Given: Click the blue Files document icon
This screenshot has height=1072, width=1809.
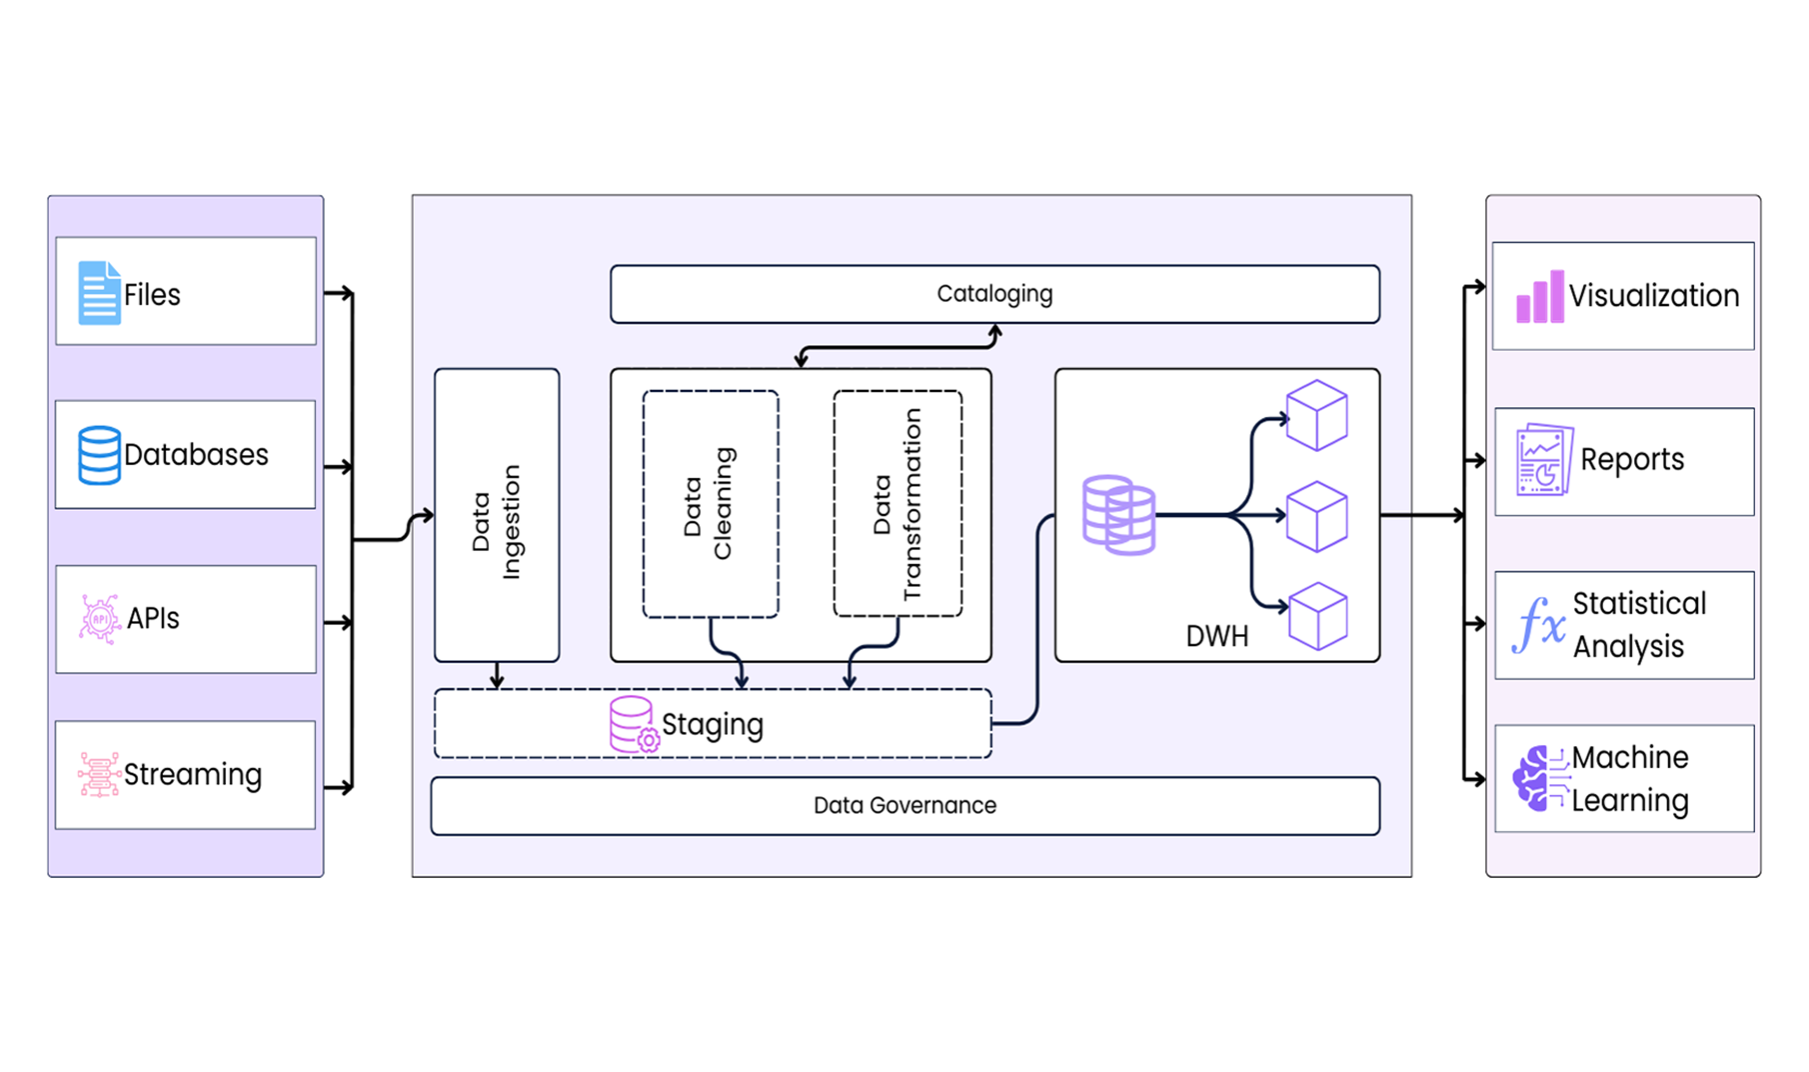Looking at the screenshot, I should (99, 293).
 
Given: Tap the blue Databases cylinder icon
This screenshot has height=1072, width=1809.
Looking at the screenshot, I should (99, 455).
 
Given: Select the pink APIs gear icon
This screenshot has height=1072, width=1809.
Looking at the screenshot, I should (99, 619).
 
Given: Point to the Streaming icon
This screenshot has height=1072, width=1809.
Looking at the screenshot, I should (99, 775).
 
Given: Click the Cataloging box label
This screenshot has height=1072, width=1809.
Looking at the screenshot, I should (994, 294).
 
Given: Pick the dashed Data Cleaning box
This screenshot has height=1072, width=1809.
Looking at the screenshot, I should (711, 503).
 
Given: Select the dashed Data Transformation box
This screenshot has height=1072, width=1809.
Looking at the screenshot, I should (898, 503).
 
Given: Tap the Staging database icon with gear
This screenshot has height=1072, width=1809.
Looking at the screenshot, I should (634, 724).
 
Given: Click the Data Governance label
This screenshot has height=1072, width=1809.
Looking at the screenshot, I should (904, 806).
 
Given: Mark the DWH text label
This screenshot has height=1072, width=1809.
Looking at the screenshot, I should (1216, 637).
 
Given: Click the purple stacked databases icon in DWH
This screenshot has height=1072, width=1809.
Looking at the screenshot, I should (1118, 515).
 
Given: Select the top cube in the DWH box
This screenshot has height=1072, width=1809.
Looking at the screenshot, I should (1316, 415).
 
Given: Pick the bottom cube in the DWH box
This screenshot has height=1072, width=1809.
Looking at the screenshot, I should (1317, 617).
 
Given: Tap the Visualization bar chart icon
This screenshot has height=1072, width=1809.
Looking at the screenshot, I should (1539, 297).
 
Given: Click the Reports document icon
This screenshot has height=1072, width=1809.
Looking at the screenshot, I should (1543, 460).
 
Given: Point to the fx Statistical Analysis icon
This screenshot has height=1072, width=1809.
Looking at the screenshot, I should (1539, 624).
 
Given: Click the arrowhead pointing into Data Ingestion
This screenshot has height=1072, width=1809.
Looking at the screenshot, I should (428, 516).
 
